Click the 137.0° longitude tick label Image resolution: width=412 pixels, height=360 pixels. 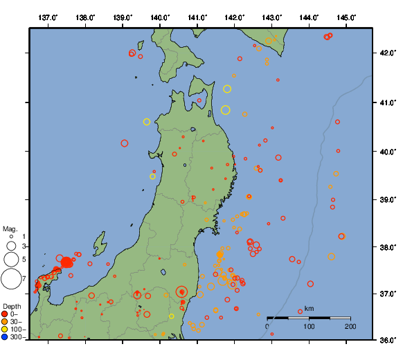(48, 17)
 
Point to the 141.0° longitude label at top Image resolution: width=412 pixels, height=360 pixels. (197, 17)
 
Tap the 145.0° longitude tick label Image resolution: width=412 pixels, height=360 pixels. (346, 17)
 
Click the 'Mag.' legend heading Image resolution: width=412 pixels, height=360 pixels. (10, 228)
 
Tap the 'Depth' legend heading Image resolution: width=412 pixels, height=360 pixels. (12, 306)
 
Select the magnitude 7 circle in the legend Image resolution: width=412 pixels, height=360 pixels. (10, 279)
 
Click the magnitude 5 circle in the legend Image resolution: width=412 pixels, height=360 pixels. (10, 260)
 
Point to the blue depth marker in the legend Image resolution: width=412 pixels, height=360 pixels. (6, 337)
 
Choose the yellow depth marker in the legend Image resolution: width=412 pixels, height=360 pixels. (6, 330)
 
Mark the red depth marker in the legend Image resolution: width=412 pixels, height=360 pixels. (6, 314)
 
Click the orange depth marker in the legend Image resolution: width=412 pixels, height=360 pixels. (6, 322)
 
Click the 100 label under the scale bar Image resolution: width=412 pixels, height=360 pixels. (309, 326)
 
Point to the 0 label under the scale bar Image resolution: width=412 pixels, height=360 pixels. (268, 326)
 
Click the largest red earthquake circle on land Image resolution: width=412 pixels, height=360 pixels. (182, 292)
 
